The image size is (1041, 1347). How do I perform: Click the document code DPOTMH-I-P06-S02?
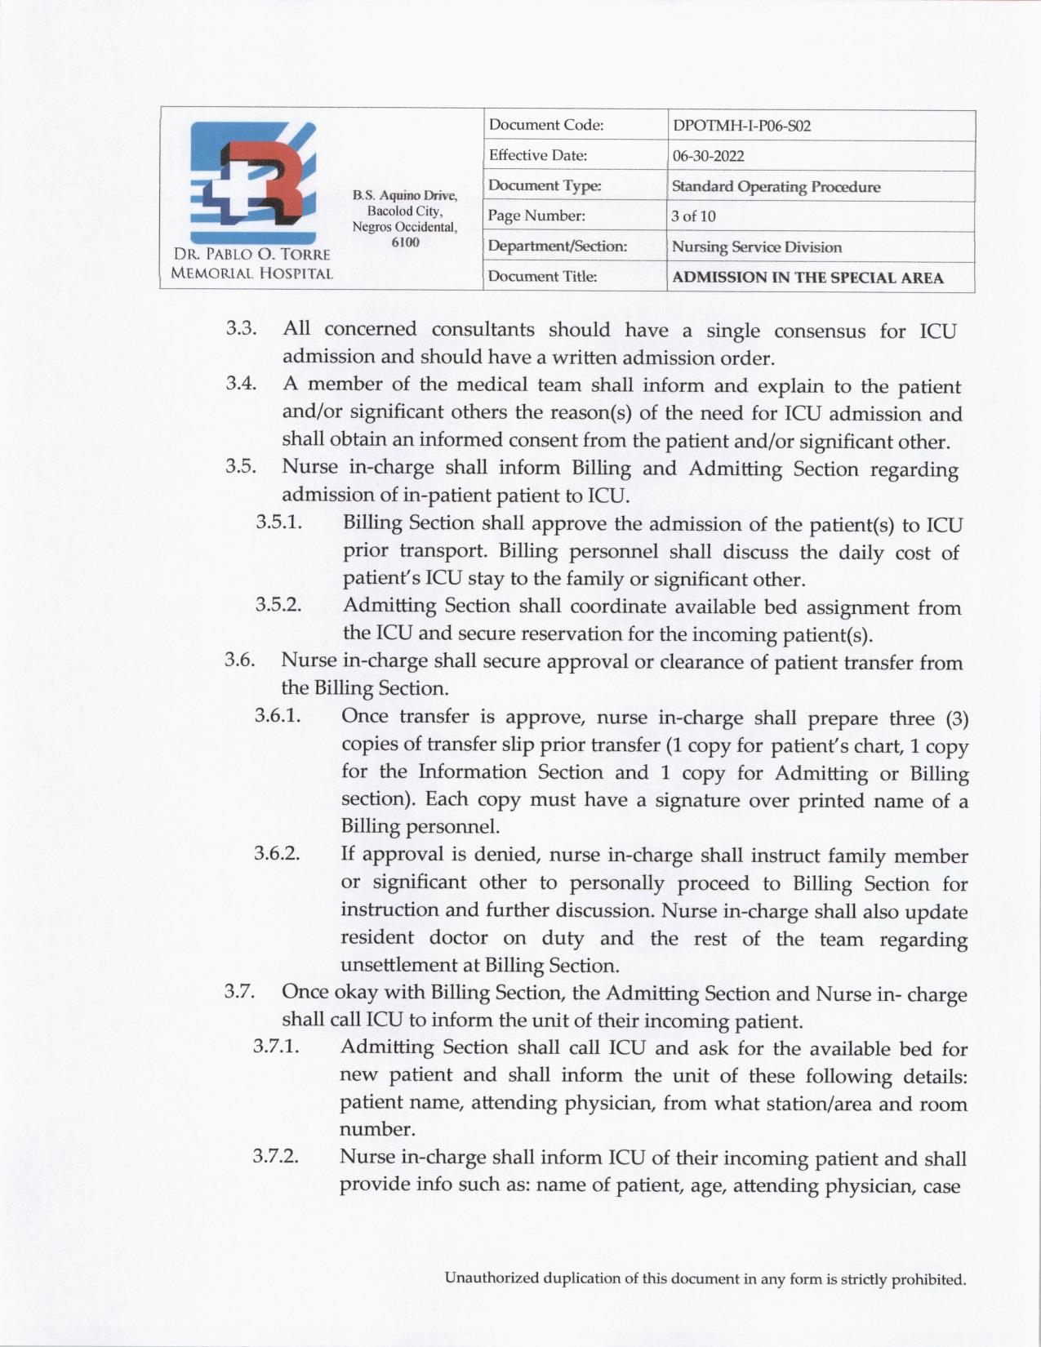pos(741,127)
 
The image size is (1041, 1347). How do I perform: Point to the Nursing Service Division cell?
pos(756,247)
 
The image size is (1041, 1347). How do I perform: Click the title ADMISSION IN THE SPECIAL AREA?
pos(807,278)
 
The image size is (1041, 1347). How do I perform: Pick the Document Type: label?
pos(545,186)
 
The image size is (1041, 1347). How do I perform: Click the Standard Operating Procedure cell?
pos(776,186)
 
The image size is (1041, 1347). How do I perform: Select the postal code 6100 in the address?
pos(405,242)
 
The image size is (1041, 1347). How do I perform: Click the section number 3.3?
pos(242,328)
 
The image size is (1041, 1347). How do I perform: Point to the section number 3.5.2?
pos(278,605)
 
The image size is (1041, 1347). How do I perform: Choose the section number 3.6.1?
pos(278,716)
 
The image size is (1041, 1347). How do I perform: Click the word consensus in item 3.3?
pos(819,331)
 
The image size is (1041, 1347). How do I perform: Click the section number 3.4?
pos(242,383)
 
